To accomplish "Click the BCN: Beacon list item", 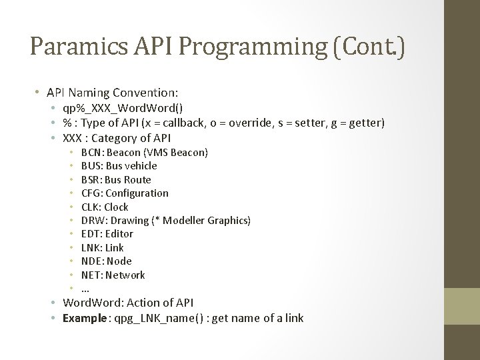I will [x=144, y=153].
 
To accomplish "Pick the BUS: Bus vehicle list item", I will [x=119, y=166].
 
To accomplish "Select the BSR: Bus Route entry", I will [x=116, y=179].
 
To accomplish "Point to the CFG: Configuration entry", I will [x=125, y=193].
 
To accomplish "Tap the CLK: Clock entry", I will [x=105, y=207].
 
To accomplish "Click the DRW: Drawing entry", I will [x=165, y=221].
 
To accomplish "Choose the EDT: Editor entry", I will [x=107, y=234].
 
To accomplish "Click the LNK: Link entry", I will [x=102, y=247].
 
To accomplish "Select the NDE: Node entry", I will [x=106, y=261].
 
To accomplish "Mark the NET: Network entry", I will [x=113, y=275].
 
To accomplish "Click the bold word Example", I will [x=84, y=318].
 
